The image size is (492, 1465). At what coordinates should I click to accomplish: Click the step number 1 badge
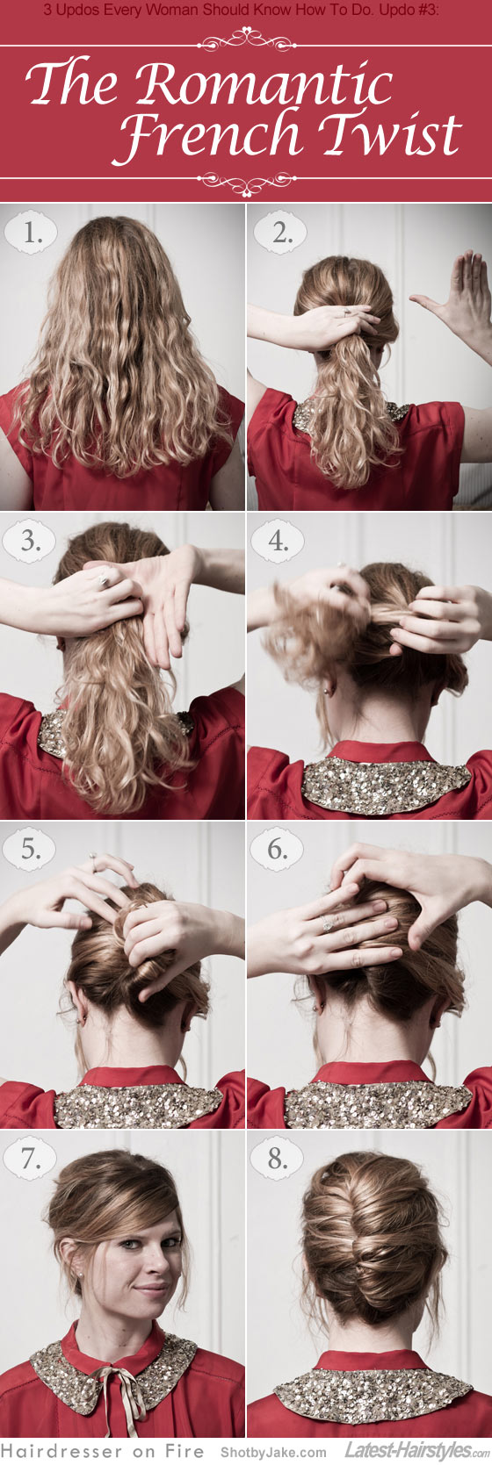click(32, 233)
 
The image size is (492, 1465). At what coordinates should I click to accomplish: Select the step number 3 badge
click(32, 541)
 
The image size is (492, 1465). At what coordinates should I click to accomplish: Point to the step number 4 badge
click(279, 541)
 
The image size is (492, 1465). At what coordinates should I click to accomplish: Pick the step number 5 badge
click(32, 850)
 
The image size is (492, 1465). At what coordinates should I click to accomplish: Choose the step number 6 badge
click(279, 850)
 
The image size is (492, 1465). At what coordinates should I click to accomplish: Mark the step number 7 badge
click(32, 1159)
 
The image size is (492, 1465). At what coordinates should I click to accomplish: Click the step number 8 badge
click(279, 1159)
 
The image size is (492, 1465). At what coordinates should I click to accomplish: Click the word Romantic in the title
click(264, 85)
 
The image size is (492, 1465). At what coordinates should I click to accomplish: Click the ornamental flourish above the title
click(245, 39)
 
